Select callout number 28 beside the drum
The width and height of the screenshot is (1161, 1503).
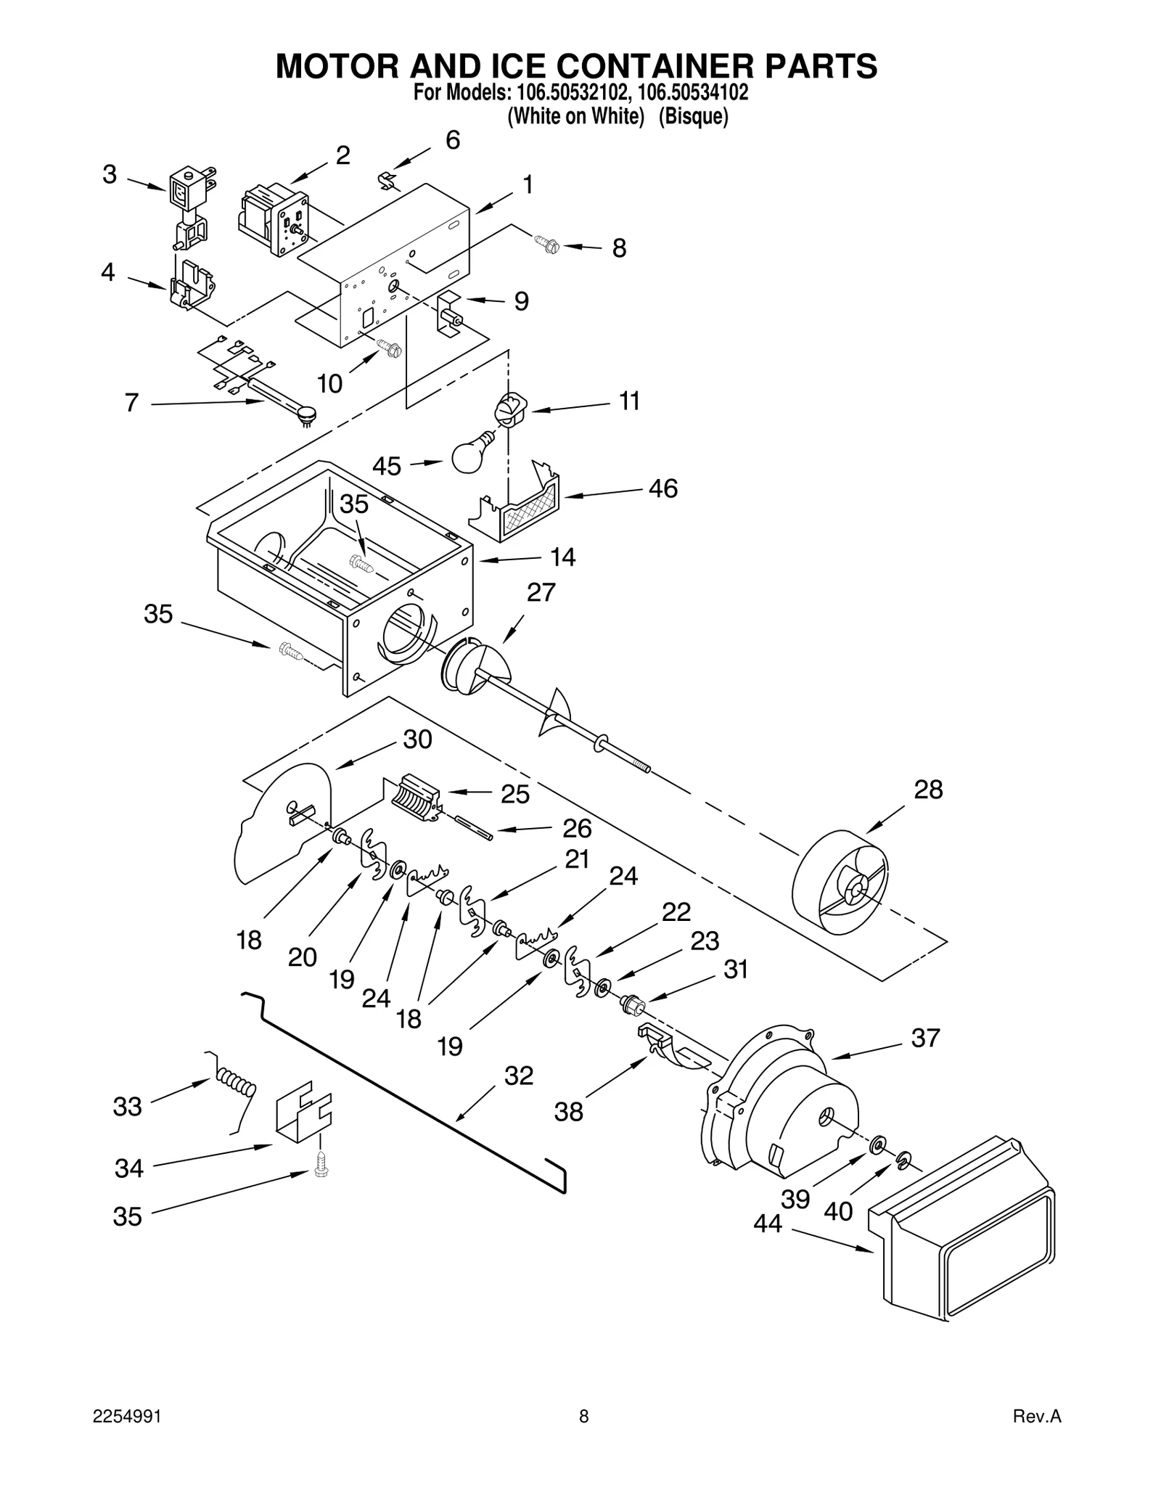(x=928, y=789)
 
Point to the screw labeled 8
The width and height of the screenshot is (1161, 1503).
(x=545, y=244)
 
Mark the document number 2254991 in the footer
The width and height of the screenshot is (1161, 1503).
(x=127, y=1436)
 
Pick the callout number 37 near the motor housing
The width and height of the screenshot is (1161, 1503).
(x=925, y=1038)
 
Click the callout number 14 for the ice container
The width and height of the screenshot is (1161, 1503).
(x=562, y=557)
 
